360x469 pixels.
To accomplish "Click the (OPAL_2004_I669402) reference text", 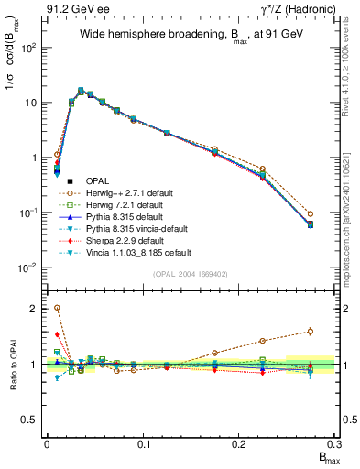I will [x=191, y=274].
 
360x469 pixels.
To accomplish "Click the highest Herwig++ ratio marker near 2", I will [x=57, y=309].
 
